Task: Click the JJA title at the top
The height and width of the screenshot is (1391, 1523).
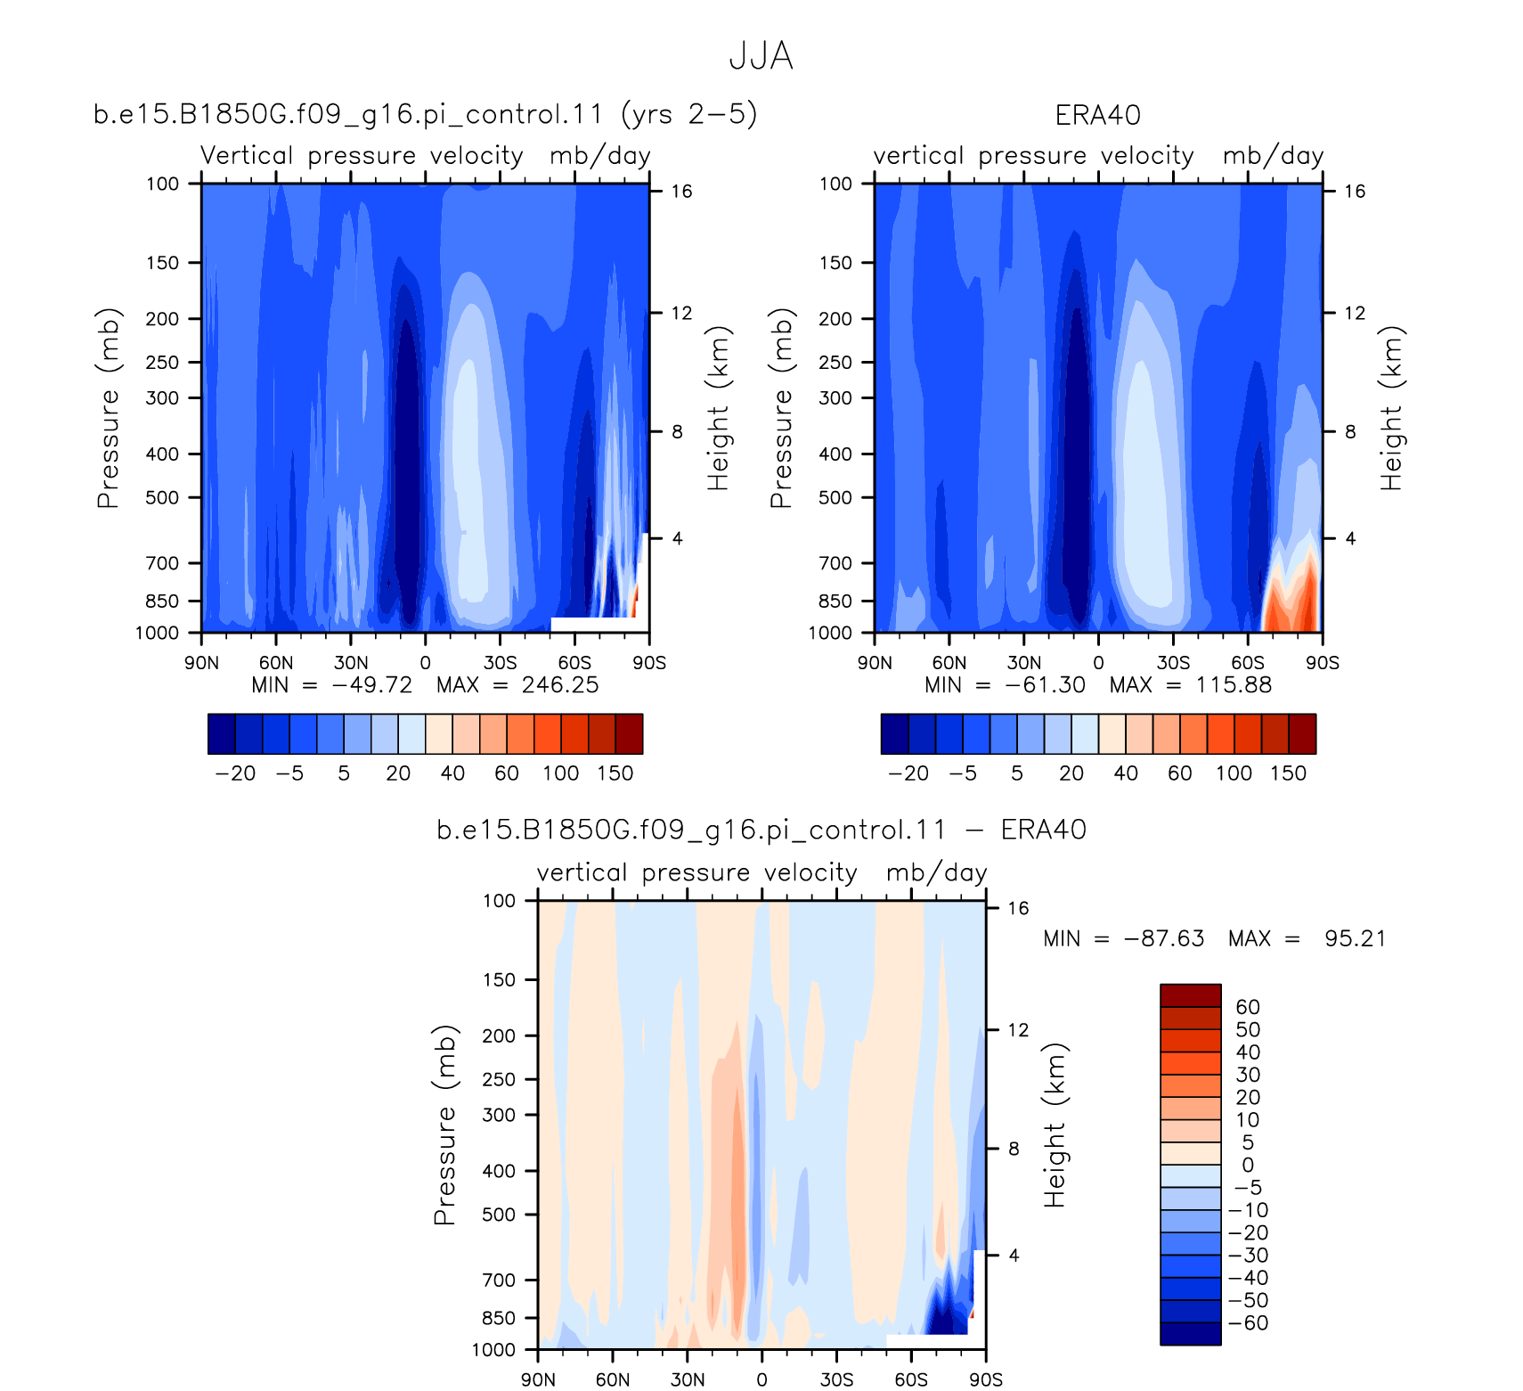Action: click(x=761, y=56)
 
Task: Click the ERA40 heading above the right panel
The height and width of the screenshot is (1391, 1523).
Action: click(x=1097, y=115)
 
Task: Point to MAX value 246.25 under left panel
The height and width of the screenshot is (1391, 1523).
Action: click(x=560, y=685)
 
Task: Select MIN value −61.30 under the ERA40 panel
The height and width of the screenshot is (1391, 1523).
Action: click(x=1046, y=685)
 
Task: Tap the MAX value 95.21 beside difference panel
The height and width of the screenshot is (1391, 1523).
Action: click(x=1355, y=939)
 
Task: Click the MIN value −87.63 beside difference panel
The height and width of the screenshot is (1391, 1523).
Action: click(x=1164, y=939)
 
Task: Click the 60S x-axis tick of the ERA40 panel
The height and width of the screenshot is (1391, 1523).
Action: click(x=1248, y=663)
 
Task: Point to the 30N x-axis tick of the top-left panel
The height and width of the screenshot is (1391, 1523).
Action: click(x=351, y=663)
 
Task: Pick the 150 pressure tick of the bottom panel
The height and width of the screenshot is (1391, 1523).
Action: click(x=499, y=980)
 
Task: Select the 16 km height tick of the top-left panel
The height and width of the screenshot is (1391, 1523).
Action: click(x=681, y=192)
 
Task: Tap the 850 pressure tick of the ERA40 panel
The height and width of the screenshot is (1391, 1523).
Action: click(x=835, y=601)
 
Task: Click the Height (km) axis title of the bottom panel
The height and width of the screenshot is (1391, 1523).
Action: click(x=1055, y=1125)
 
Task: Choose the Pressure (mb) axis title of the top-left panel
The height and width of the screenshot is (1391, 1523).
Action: click(x=108, y=408)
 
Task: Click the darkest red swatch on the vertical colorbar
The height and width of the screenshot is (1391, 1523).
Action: click(x=1190, y=995)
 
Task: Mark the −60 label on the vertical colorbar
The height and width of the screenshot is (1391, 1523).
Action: click(x=1249, y=1323)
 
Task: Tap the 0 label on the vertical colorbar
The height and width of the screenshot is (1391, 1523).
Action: click(x=1248, y=1166)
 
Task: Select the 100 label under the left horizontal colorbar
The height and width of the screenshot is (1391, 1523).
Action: click(x=561, y=773)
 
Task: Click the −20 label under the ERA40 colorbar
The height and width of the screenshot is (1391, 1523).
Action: click(x=908, y=773)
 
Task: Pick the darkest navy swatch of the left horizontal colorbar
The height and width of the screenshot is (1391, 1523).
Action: click(x=222, y=734)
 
